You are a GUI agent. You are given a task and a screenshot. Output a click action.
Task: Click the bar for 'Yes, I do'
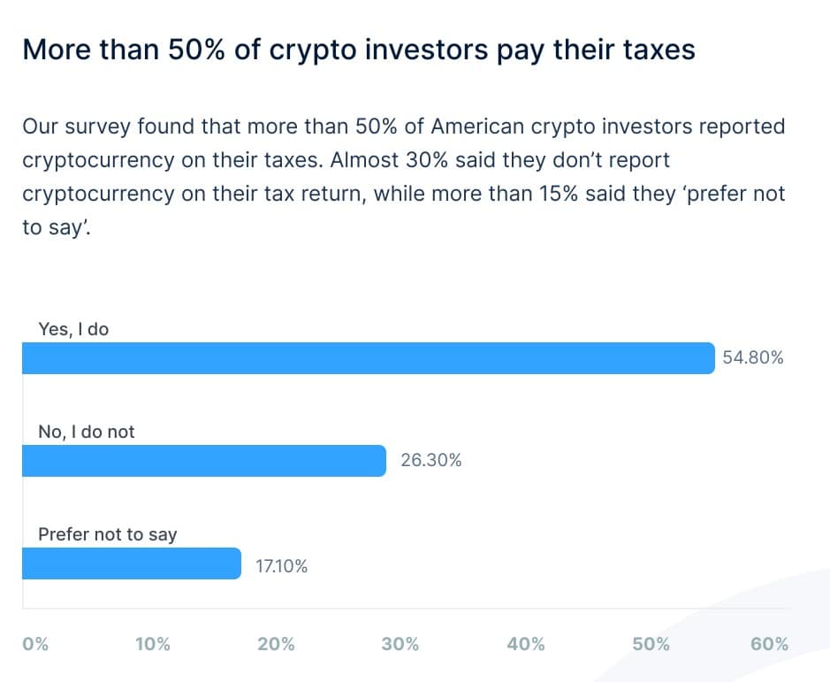pos(368,358)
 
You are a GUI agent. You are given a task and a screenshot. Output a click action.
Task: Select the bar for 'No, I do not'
pos(203,461)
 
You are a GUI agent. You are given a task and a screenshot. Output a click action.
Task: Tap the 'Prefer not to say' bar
pos(131,563)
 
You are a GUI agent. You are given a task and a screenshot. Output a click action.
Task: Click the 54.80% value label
pos(753,358)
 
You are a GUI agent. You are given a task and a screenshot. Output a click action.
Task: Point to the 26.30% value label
pos(431,461)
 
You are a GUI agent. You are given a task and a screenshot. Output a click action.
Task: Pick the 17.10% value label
pos(282,566)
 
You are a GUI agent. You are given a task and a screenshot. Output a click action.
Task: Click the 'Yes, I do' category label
pos(73,329)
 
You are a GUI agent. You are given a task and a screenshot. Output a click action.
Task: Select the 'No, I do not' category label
pos(87,432)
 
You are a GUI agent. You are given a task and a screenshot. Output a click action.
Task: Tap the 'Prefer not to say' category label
pos(108,534)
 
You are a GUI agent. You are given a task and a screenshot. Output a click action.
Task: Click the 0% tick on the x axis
pos(35,644)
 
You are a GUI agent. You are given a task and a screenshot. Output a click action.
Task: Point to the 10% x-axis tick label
pos(152,644)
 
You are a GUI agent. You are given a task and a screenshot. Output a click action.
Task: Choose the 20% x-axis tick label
pos(276,644)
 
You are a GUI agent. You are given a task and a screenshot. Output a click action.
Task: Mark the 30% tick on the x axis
pos(400,644)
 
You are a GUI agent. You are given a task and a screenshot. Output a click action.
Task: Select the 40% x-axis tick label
pos(526,644)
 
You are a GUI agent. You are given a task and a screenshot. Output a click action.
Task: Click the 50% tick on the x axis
pos(651,644)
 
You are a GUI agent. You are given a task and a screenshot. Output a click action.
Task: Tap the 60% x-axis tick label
pos(769,644)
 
